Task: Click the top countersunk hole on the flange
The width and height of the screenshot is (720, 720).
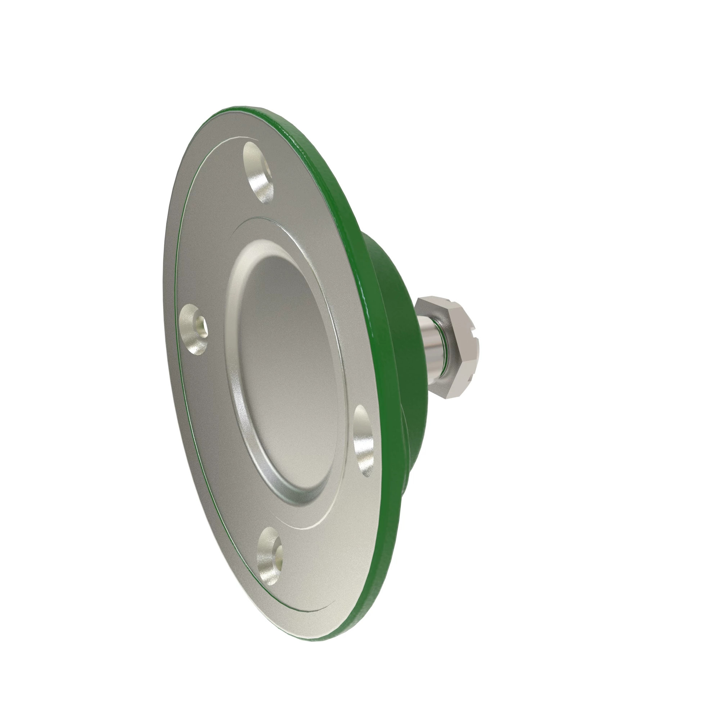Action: click(x=258, y=174)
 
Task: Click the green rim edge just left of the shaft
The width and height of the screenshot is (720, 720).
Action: click(x=388, y=347)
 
